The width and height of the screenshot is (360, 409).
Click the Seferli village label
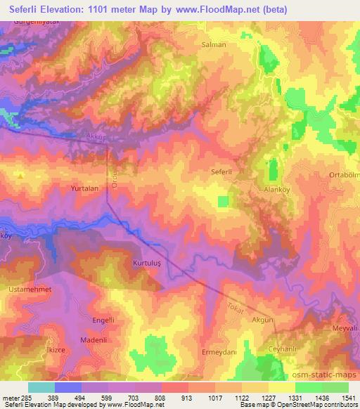(x=221, y=171)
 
